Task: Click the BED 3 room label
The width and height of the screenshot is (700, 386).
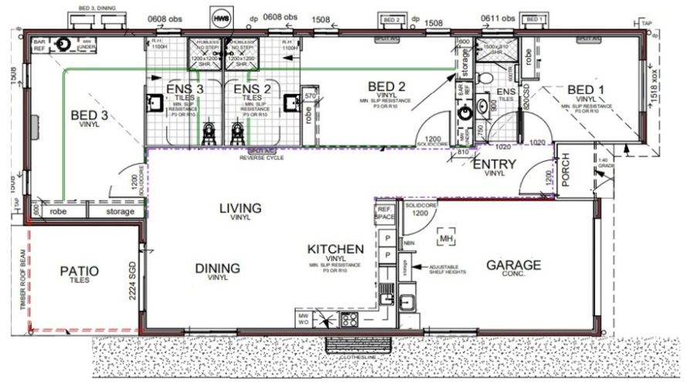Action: coord(90,116)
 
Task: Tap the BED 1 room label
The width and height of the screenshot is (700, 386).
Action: coord(587,90)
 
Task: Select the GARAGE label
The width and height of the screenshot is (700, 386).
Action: coord(513,265)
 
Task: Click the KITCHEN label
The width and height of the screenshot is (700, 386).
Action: coord(335,250)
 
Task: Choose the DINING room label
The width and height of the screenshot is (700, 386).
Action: coord(217,268)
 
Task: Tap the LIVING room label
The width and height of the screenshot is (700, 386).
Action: coord(240,208)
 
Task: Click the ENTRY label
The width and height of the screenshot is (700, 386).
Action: coord(494,164)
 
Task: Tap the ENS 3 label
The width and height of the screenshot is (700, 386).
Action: coord(185,89)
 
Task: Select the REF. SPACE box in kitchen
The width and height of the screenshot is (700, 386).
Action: coord(384,213)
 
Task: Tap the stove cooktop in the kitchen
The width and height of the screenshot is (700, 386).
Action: coord(348,319)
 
